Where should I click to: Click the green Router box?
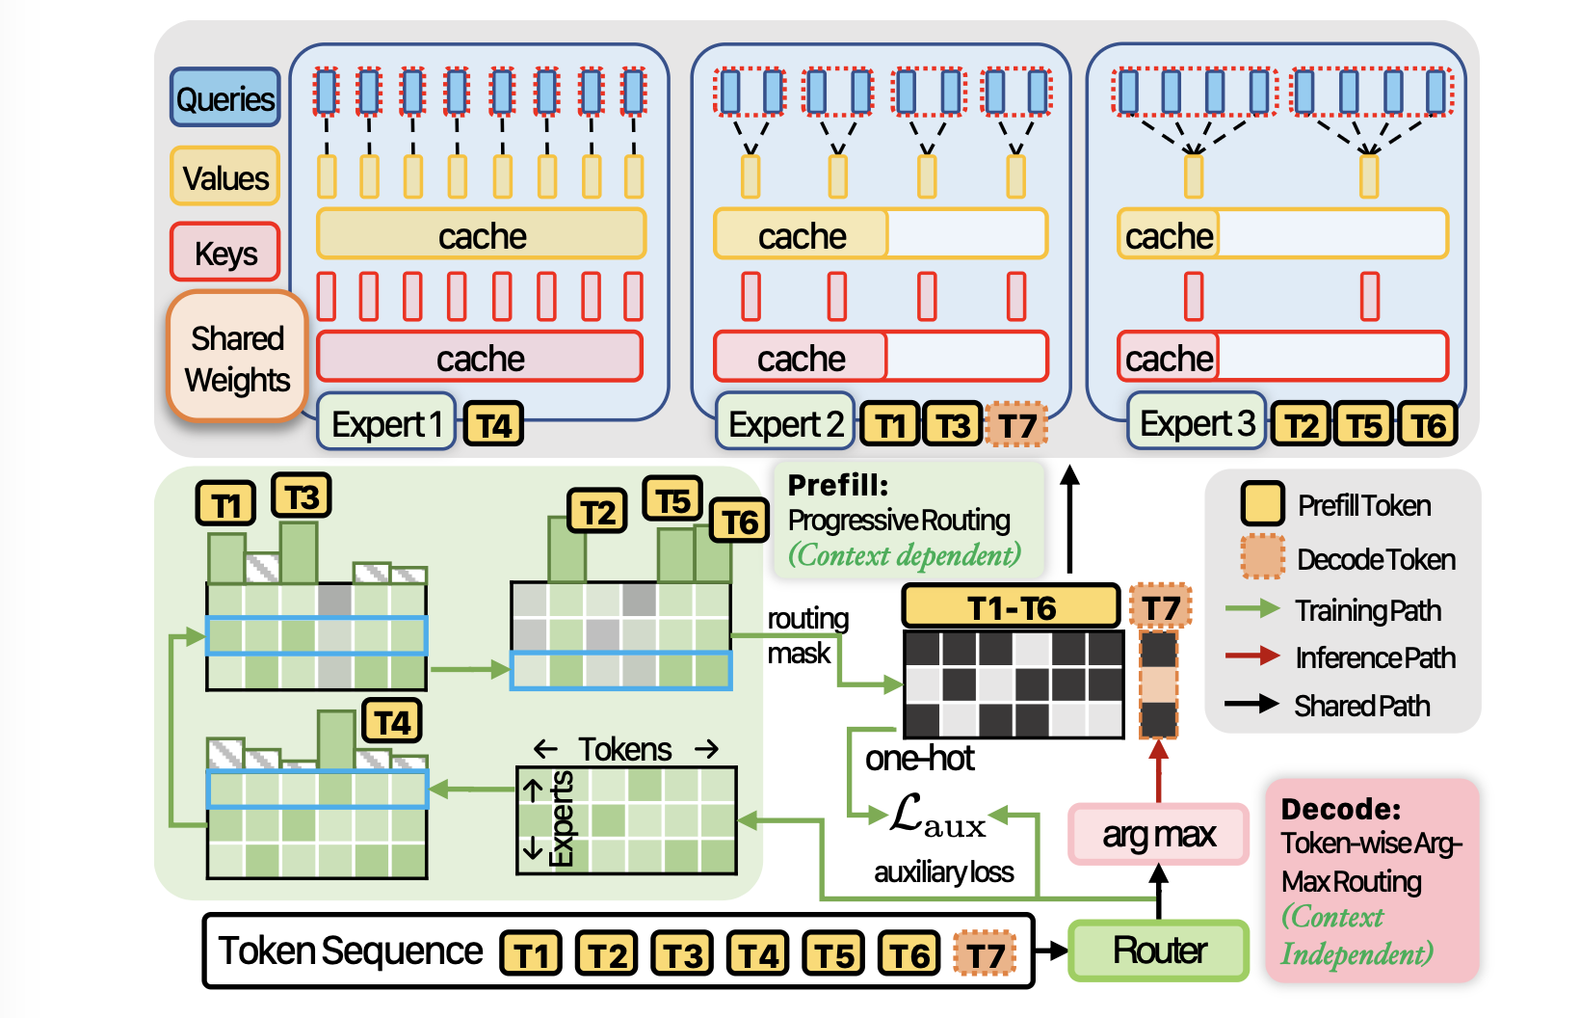pyautogui.click(x=1159, y=951)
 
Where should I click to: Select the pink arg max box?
pyautogui.click(x=1159, y=834)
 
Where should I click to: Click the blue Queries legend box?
pyautogui.click(x=225, y=98)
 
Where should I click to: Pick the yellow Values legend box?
pyautogui.click(x=225, y=177)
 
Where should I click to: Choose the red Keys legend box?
pyautogui.click(x=225, y=254)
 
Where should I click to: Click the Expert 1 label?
pyautogui.click(x=386, y=423)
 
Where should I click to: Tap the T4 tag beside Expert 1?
pyautogui.click(x=493, y=425)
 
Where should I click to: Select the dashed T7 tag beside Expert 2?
pyautogui.click(x=1016, y=425)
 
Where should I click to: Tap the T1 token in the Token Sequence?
pyautogui.click(x=531, y=954)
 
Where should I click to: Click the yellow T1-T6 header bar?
pyautogui.click(x=1011, y=607)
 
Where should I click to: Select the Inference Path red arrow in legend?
pyautogui.click(x=1251, y=656)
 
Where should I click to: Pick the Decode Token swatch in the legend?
pyautogui.click(x=1262, y=557)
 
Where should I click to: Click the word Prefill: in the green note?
pyautogui.click(x=837, y=485)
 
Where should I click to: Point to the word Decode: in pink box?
pyautogui.click(x=1340, y=808)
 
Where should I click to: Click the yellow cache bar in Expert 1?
pyautogui.click(x=481, y=235)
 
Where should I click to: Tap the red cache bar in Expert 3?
pyautogui.click(x=1281, y=358)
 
